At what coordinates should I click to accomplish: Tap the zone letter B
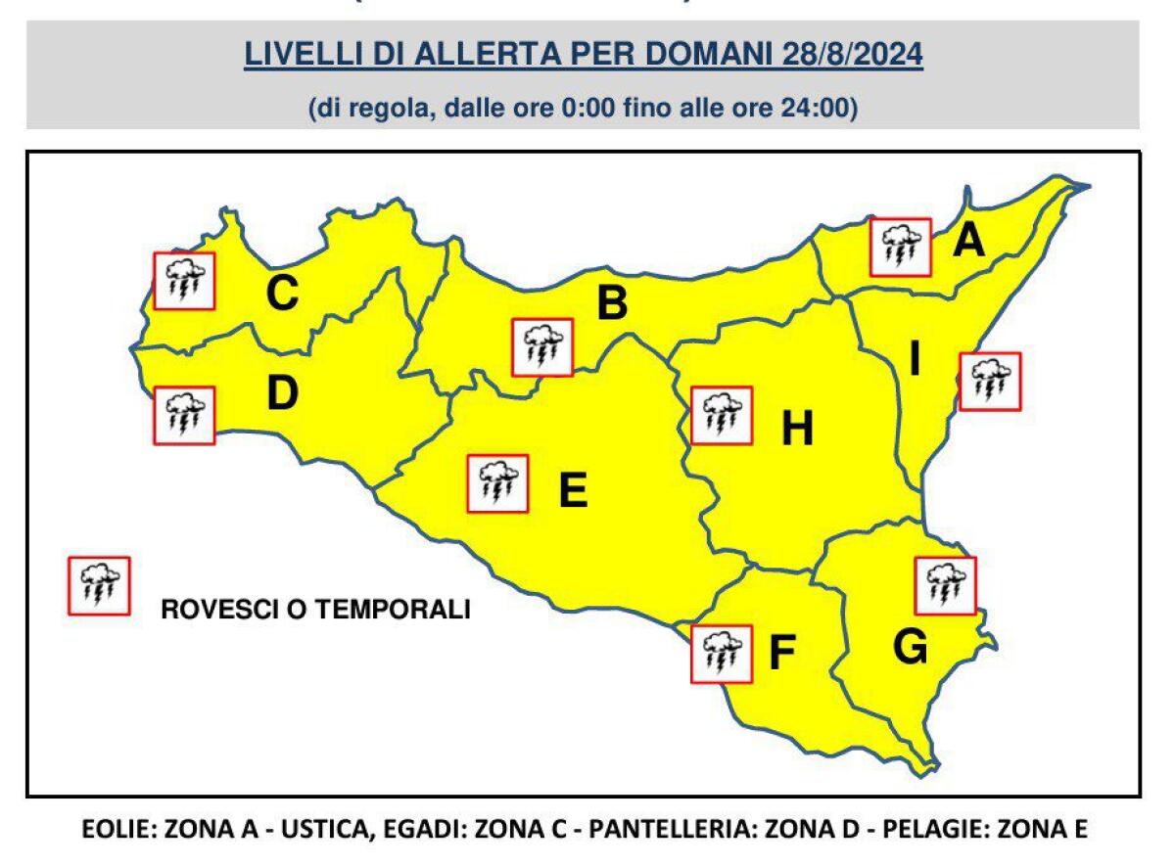point(612,304)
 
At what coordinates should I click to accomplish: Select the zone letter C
point(282,294)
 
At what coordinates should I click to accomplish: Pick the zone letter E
point(572,490)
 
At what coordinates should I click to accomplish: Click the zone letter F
point(780,654)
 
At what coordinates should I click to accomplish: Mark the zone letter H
point(797,429)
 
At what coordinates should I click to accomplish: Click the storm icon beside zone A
point(900,248)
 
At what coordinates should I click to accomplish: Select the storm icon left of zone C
point(183,281)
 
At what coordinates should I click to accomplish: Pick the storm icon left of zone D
point(183,415)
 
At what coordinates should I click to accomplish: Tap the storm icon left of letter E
point(497,483)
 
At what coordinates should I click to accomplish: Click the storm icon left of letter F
point(721,654)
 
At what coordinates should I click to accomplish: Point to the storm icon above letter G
point(945,584)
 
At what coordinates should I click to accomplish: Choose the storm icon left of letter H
point(721,415)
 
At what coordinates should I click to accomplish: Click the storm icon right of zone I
point(990,381)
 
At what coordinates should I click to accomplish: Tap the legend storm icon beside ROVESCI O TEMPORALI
point(98,585)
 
